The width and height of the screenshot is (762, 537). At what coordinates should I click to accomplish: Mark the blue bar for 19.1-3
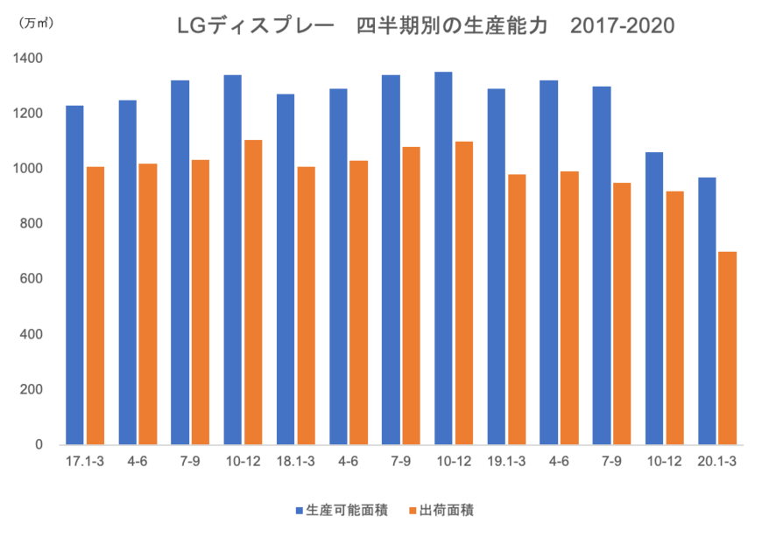click(x=496, y=266)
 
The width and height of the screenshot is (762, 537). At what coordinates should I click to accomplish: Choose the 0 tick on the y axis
click(x=39, y=444)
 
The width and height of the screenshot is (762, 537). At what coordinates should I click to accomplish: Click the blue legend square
click(x=300, y=508)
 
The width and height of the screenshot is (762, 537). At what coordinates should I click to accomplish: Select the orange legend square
click(x=413, y=508)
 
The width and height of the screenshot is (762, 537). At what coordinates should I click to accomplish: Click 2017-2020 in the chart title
click(x=622, y=27)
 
